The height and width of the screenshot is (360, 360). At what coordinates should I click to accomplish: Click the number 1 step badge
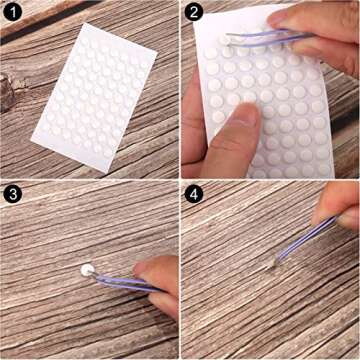[13, 13]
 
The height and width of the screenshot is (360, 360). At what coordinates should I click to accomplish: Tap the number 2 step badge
[194, 13]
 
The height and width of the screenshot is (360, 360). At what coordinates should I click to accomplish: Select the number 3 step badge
[13, 194]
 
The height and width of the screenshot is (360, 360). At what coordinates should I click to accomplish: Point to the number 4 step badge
[194, 194]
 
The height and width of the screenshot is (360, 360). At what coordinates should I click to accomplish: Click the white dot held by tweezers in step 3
[87, 269]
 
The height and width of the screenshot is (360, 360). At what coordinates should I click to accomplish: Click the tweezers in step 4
[305, 240]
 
